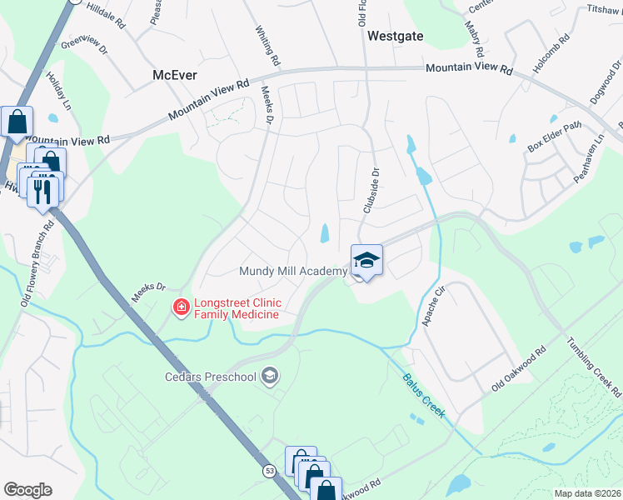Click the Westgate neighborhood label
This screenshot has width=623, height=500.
point(394,37)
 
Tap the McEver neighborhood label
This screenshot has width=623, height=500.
point(175,75)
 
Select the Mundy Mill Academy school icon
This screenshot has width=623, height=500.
point(366,261)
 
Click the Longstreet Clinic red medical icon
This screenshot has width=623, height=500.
point(180,308)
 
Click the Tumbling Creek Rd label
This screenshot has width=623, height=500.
point(594,367)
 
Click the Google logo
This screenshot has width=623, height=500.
point(27,490)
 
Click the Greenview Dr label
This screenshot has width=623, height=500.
point(84,44)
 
